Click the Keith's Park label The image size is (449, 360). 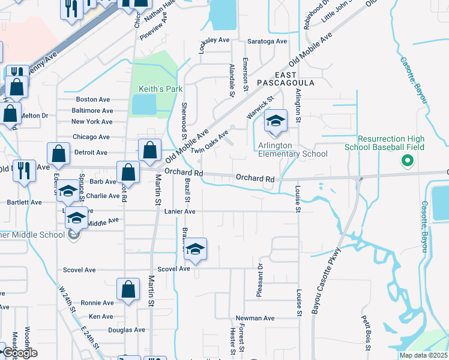click(x=152, y=89)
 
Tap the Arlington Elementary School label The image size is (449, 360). click(x=292, y=149)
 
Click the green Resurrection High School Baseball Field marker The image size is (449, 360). click(x=407, y=160)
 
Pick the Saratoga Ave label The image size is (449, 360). click(x=268, y=41)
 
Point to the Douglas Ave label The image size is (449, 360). click(x=127, y=330)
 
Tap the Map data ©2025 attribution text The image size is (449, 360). click(x=423, y=355)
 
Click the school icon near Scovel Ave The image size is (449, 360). click(x=195, y=248)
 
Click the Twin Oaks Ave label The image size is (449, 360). click(x=210, y=142)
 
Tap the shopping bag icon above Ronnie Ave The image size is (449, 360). click(x=129, y=289)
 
